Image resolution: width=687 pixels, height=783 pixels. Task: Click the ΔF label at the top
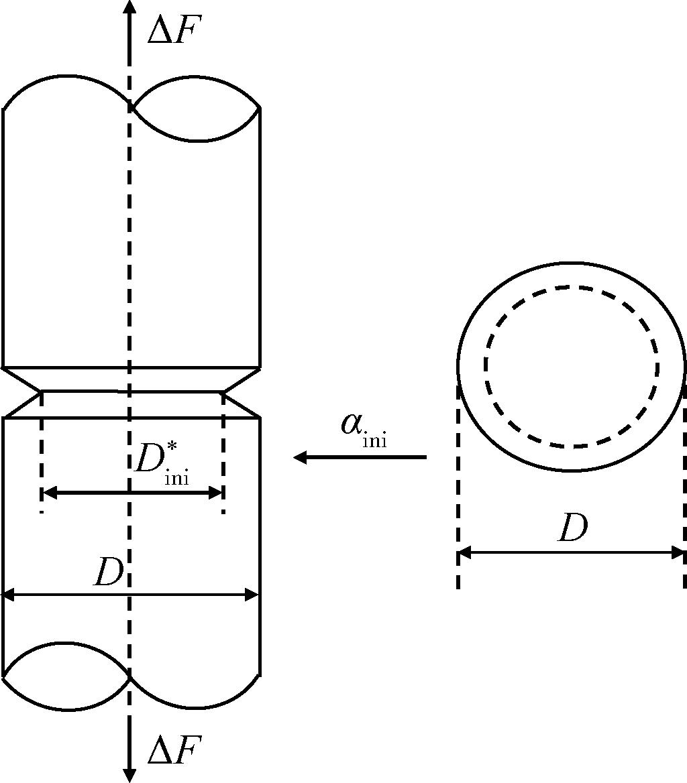coord(174,32)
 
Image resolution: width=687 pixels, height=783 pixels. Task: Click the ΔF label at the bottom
coord(174,749)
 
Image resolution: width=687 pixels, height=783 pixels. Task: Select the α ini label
coord(364,430)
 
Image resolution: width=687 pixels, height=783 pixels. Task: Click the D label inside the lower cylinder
coord(108,573)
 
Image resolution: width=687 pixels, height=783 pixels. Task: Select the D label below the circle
coord(572,528)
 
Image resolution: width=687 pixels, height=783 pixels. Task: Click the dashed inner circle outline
coord(572,287)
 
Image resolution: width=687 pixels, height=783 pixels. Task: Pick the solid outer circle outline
coord(572,263)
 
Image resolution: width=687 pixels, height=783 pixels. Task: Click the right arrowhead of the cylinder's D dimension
coord(252,595)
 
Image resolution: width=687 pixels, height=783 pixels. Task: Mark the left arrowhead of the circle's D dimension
coord(465,553)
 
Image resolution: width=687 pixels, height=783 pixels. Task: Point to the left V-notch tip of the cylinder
coord(40,392)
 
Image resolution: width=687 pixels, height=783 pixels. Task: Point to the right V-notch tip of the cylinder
coord(223,393)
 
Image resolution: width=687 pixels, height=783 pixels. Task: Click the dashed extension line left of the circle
coord(458,487)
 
